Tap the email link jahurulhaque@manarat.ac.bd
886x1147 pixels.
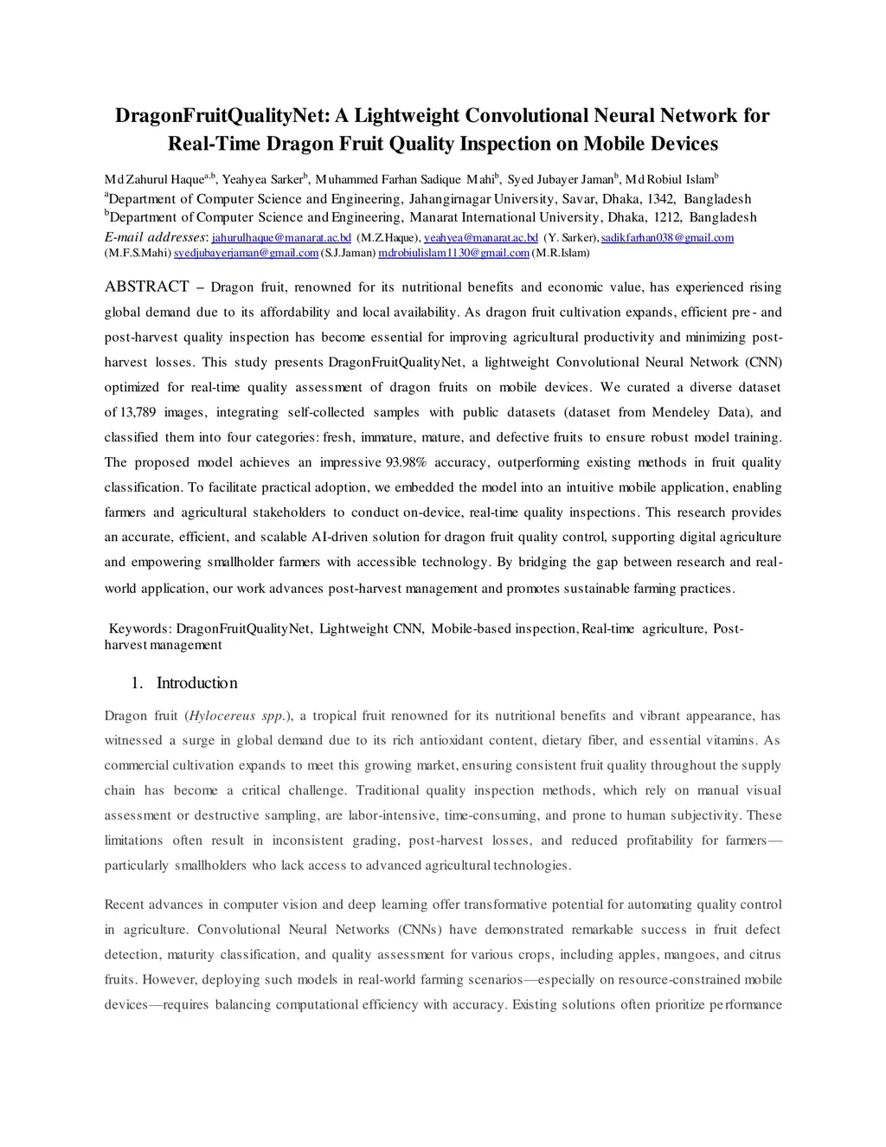[x=281, y=238]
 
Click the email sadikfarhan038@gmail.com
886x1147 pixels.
[x=667, y=238]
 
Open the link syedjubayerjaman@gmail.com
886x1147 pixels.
[x=247, y=253]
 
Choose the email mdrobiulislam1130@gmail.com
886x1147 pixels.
[x=453, y=253]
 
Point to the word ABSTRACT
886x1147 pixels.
[x=147, y=287]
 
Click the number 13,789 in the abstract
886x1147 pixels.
[x=138, y=412]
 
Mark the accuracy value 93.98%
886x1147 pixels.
[x=407, y=462]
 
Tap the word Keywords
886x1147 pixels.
[x=139, y=628]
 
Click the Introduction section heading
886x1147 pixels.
[x=196, y=683]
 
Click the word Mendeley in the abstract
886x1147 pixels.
[x=681, y=412]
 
